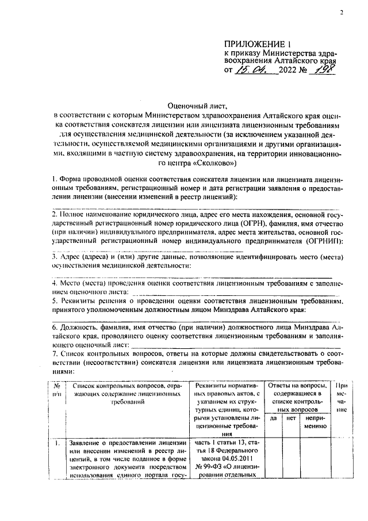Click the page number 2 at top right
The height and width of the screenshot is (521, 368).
click(x=341, y=12)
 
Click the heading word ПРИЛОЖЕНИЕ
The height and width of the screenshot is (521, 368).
click(x=255, y=44)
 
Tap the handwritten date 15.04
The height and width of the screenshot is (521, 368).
click(x=253, y=70)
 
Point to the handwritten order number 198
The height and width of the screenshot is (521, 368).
click(x=323, y=70)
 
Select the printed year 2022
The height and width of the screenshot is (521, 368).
click(x=289, y=71)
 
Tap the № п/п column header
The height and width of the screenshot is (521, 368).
click(x=56, y=389)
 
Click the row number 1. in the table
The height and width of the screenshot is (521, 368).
click(x=56, y=444)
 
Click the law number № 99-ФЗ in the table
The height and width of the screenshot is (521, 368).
click(x=209, y=467)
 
